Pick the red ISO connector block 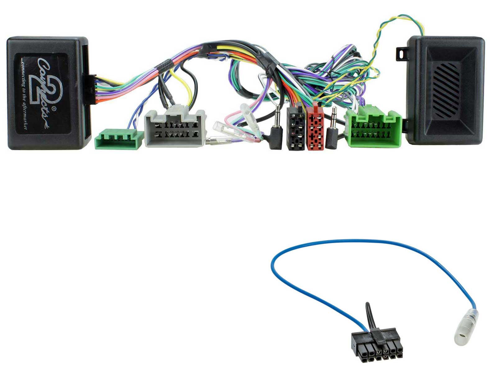[x=315, y=129]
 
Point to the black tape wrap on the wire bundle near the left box [x=164, y=64]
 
